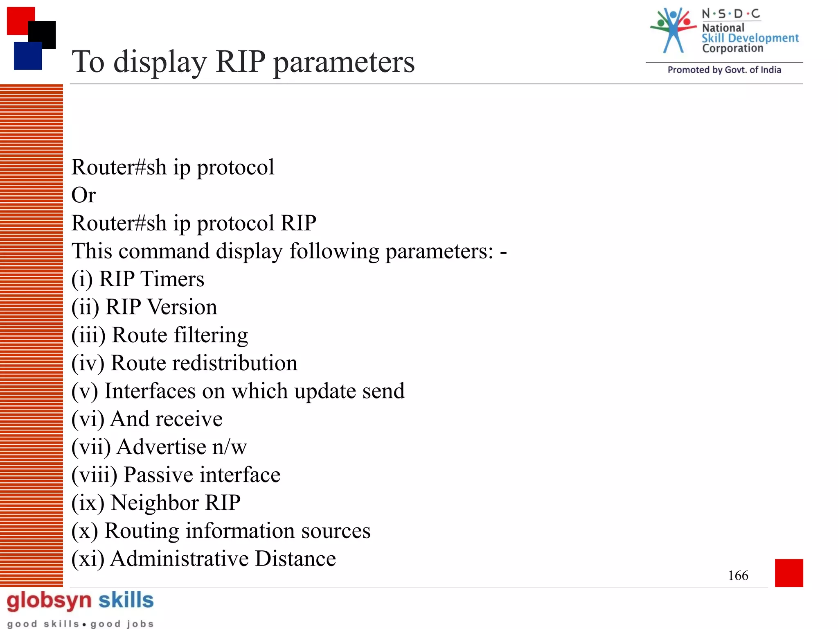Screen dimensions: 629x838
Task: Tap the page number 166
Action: click(x=738, y=575)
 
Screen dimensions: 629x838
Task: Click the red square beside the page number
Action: click(x=788, y=572)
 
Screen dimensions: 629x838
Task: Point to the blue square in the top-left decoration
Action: click(x=27, y=57)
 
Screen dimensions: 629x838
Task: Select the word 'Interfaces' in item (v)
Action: click(x=150, y=391)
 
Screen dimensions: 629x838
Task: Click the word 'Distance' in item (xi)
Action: click(x=295, y=559)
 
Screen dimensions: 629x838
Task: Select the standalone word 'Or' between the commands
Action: click(x=83, y=195)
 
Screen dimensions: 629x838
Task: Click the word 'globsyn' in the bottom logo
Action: click(x=49, y=601)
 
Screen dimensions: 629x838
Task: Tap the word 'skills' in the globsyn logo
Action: click(x=126, y=600)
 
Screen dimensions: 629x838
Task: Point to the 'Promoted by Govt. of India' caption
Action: click(x=724, y=70)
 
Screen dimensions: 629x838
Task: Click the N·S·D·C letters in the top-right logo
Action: click(x=731, y=14)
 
